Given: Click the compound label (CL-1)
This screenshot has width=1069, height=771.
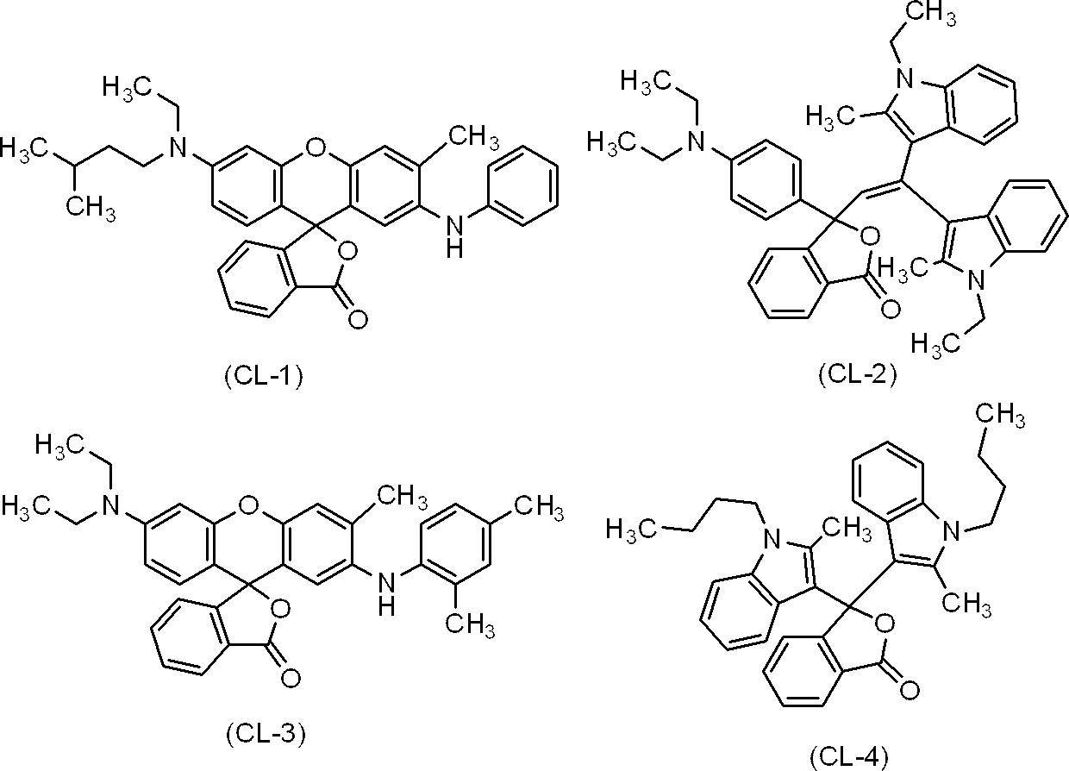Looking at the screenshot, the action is (x=264, y=377).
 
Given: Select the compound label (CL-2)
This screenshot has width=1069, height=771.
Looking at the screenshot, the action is (x=858, y=375).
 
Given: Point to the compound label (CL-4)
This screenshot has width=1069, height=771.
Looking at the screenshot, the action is (x=849, y=758).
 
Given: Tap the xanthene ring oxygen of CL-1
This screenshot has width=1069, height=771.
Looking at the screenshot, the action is (x=313, y=147).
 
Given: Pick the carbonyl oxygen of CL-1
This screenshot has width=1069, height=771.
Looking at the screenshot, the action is (x=358, y=319).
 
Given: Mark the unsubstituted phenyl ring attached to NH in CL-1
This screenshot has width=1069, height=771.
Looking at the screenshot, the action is (x=523, y=185).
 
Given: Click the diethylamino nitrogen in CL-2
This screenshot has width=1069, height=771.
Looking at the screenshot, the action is (x=697, y=141).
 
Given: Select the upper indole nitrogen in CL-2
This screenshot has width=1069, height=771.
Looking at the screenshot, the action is (x=904, y=78).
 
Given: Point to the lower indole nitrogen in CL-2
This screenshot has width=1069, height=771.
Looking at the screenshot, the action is (x=977, y=280).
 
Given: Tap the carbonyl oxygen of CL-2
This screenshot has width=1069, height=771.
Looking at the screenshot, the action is (x=890, y=309).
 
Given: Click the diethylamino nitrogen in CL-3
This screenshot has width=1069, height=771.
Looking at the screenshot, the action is (x=110, y=505).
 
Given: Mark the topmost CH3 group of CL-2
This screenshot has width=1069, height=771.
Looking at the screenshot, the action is (x=932, y=12).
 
